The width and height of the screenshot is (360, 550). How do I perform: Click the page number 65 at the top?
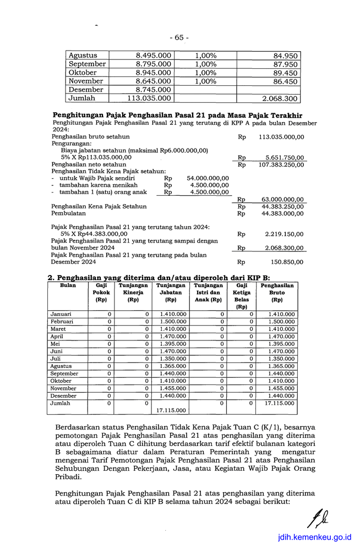click(x=179, y=37)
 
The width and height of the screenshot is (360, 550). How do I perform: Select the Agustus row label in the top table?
click(x=83, y=56)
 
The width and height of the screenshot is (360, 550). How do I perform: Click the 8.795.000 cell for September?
click(x=153, y=64)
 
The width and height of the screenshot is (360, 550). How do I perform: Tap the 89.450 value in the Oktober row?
click(x=285, y=73)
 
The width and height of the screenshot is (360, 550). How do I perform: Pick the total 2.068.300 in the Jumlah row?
click(x=280, y=98)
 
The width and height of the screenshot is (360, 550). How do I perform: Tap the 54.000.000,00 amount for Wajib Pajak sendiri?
click(x=208, y=179)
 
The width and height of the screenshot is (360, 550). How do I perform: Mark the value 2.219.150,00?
click(x=283, y=234)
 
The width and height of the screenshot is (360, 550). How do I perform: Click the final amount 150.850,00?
click(x=286, y=262)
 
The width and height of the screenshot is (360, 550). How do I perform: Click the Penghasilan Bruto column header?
click(x=277, y=293)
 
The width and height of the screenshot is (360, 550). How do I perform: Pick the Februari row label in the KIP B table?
click(x=62, y=322)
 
